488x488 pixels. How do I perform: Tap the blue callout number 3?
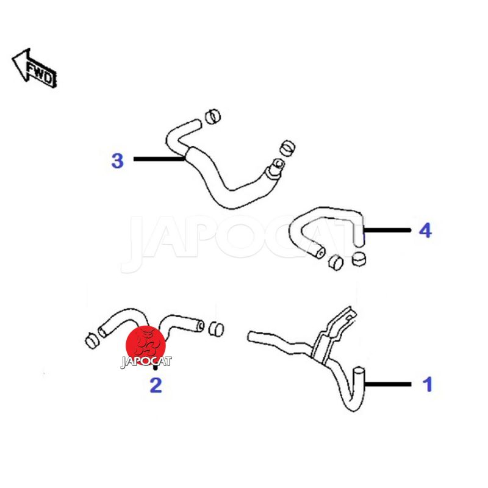117,161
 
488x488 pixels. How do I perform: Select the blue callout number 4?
425,231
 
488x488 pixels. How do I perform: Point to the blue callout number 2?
156,386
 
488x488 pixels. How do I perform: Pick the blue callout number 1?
428,384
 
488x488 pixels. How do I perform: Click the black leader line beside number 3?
159,159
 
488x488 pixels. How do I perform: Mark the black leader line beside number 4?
387,231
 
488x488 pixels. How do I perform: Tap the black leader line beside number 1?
388,384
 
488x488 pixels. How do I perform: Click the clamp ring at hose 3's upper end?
213,117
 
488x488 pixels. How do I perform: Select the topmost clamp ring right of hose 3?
287,148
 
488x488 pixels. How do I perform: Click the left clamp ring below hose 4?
336,262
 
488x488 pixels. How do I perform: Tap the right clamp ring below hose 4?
359,259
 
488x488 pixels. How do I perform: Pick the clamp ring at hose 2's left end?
92,341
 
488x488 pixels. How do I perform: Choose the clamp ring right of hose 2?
216,329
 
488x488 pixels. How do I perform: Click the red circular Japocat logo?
146,345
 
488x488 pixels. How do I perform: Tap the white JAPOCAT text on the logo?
146,362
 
